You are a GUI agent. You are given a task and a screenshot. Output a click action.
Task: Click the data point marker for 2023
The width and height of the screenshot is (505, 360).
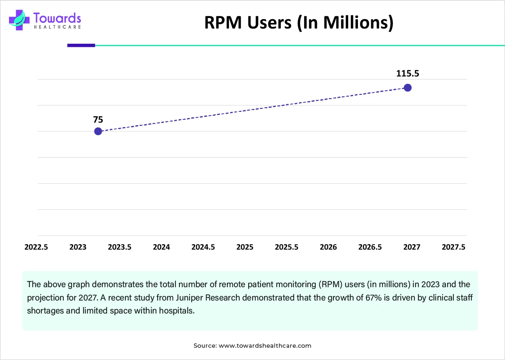98,131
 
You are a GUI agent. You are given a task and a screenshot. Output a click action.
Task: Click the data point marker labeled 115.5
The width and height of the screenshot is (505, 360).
408,88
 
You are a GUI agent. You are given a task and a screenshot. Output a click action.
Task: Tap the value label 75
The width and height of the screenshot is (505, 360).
98,120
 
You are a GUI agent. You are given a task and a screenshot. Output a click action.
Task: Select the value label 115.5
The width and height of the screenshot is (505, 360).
408,74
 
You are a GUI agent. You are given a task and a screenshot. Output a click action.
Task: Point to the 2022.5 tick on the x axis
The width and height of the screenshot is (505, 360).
36,247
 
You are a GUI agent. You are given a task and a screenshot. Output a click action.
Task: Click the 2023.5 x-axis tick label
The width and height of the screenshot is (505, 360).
120,247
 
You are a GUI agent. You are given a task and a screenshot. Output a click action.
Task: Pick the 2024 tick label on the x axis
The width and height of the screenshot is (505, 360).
161,247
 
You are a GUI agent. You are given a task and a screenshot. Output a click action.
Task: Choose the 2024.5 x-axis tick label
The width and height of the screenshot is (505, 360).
203,247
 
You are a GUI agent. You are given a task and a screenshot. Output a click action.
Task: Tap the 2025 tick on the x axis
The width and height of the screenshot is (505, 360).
245,247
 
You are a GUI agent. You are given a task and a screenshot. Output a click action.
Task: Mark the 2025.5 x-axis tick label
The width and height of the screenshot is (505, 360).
287,247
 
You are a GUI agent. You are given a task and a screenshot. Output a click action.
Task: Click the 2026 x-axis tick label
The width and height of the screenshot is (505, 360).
328,247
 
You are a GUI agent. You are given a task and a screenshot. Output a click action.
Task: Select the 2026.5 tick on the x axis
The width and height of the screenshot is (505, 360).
370,247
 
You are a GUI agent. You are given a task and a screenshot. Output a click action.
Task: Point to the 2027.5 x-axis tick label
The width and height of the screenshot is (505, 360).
453,247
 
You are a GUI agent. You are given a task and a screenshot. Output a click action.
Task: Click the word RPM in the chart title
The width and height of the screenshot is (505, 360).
223,23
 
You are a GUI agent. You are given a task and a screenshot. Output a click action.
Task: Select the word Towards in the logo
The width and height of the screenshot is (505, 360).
57,18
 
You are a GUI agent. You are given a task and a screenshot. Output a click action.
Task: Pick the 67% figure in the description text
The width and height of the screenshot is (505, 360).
373,298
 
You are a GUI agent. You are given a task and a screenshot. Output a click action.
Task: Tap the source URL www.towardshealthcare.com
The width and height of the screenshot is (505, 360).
265,346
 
